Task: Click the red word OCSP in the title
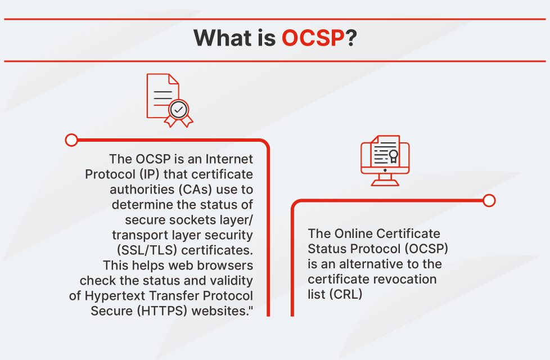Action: (x=313, y=38)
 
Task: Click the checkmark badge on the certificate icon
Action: (x=179, y=110)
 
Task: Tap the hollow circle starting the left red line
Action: (x=71, y=139)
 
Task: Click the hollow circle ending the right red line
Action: (x=489, y=200)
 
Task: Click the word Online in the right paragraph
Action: (x=350, y=233)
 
